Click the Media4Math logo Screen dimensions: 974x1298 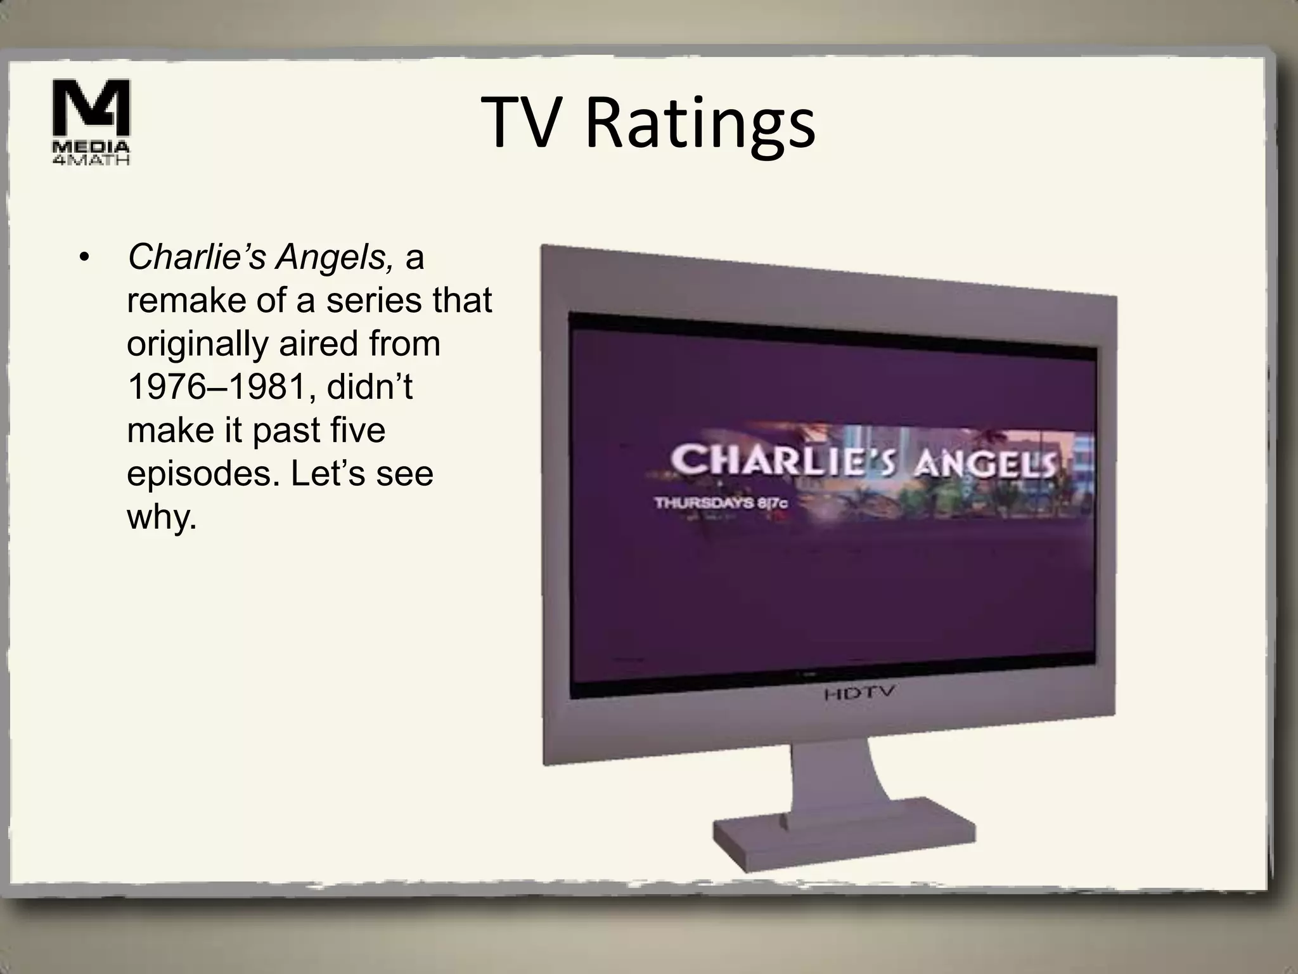[x=91, y=121]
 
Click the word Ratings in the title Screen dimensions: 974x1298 [x=700, y=124]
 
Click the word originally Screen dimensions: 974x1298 [x=197, y=344]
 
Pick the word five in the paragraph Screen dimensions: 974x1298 [x=358, y=431]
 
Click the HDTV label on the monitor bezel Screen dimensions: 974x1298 [x=859, y=692]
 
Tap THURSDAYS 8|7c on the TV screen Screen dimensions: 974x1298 [x=721, y=503]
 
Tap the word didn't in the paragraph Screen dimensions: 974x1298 [x=369, y=387]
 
